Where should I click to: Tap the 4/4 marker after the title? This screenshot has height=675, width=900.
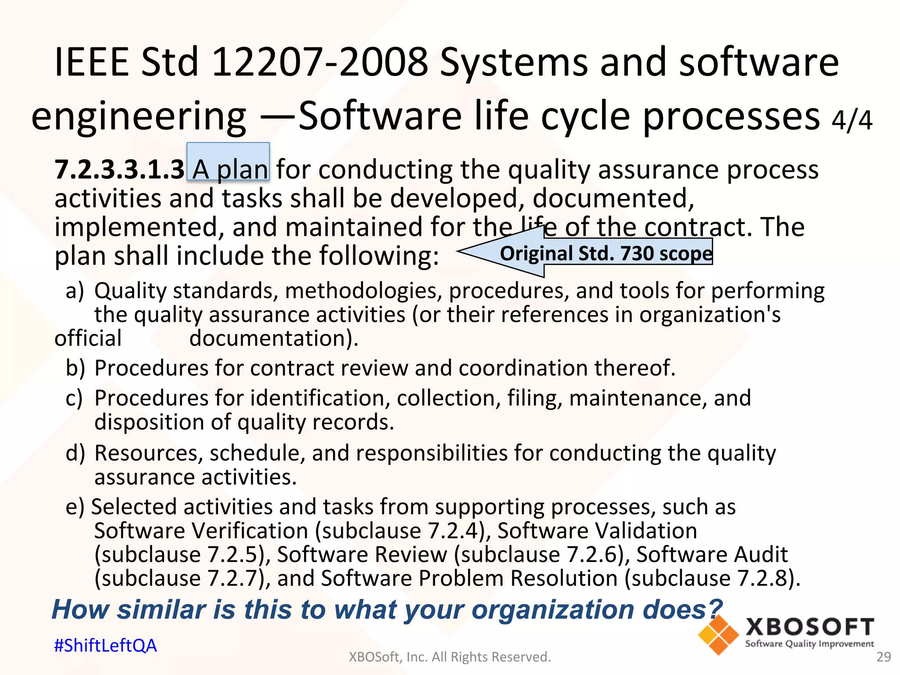point(851,120)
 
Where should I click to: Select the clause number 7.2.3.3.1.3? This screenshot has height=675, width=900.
point(119,170)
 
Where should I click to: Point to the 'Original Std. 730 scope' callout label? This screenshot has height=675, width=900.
point(606,254)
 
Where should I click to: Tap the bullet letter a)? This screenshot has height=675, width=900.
point(75,291)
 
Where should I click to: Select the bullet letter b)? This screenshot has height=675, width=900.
point(75,368)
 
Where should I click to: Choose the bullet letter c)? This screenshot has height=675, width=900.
point(74,398)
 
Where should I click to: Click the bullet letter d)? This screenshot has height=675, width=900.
point(75,453)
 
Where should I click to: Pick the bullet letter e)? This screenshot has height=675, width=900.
point(75,507)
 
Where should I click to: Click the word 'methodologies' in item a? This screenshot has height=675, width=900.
point(363,291)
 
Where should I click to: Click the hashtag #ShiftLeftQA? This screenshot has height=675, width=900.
point(105,646)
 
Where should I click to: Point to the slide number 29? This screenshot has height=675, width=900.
point(883,657)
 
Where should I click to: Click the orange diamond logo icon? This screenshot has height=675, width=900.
point(718,635)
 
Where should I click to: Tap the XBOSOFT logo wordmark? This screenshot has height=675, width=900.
point(809,627)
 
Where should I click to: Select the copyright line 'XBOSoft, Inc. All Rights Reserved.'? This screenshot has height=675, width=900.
point(450,657)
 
